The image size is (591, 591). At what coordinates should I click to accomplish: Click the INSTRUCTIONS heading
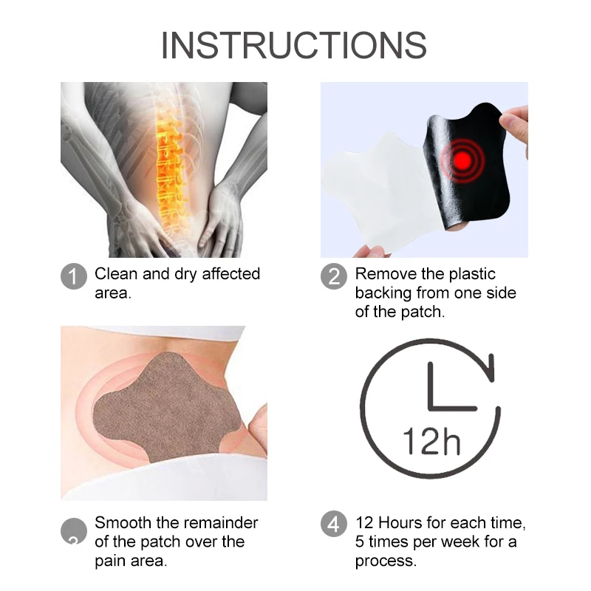pos(294,45)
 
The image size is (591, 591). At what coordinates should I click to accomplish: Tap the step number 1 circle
pos(74,276)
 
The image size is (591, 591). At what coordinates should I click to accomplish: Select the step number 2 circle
pos(334,276)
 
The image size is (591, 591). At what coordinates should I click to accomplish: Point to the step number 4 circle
pos(334,524)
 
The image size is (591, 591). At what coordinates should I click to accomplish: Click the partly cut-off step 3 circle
pos(74,530)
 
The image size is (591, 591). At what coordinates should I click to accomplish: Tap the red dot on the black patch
pos(462,160)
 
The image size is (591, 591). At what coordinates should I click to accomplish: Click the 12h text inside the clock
pos(431,441)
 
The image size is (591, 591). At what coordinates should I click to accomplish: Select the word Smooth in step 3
pos(123,523)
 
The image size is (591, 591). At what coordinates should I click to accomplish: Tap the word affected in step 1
pos(230,274)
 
